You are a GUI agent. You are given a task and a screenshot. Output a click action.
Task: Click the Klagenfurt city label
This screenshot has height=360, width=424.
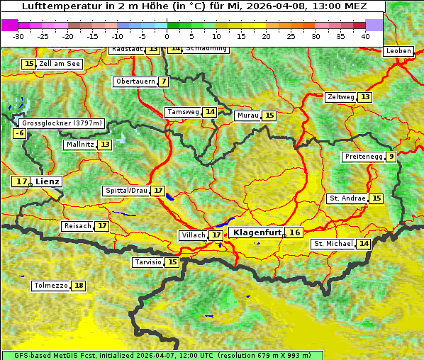(x=257, y=232)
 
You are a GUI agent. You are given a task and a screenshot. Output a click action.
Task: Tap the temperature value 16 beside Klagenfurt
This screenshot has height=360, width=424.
(x=295, y=232)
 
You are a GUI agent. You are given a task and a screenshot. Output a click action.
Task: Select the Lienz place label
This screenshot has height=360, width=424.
(x=49, y=181)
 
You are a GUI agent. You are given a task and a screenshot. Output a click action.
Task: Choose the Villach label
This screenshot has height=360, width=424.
(x=194, y=235)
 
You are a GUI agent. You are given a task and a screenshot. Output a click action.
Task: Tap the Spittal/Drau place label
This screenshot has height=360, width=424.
(x=126, y=191)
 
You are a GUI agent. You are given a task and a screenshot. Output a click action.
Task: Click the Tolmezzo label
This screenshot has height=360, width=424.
(x=50, y=286)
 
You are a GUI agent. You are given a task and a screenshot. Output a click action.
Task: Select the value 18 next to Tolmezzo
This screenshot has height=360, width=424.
(x=79, y=286)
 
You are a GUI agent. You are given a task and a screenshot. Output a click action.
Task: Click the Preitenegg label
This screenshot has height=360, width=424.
(x=364, y=157)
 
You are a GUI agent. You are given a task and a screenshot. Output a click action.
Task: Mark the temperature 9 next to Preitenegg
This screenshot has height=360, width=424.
(x=391, y=157)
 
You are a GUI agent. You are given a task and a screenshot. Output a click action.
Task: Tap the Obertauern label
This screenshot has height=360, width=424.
(x=135, y=81)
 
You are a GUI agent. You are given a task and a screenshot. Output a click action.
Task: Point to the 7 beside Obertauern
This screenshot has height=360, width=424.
(x=164, y=81)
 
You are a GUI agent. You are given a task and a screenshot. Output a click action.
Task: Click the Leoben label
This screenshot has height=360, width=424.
(x=398, y=51)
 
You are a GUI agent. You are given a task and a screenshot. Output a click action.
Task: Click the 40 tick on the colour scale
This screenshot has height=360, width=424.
(x=365, y=36)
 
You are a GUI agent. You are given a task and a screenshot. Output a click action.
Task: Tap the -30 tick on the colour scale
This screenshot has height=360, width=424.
(x=18, y=36)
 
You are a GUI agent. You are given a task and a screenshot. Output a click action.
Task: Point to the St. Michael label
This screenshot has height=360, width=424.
(x=333, y=244)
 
